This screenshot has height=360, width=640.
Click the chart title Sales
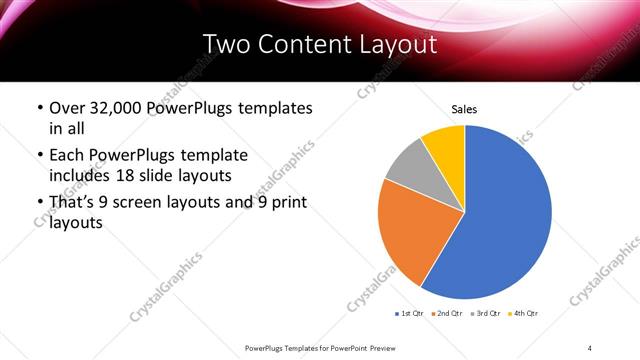[464, 109]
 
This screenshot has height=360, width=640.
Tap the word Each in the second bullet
[67, 155]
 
